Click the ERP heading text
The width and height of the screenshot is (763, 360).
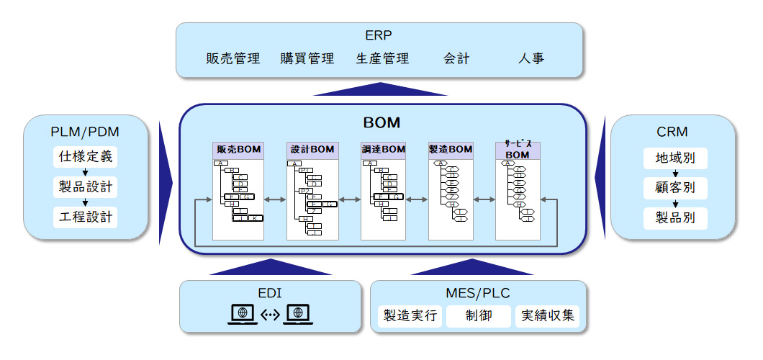pyautogui.click(x=379, y=35)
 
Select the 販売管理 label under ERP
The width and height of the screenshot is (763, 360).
pyautogui.click(x=232, y=58)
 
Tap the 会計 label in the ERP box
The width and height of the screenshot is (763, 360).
pyautogui.click(x=456, y=58)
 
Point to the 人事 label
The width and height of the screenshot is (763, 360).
pyautogui.click(x=531, y=58)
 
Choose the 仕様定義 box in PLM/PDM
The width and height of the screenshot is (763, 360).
pyautogui.click(x=86, y=157)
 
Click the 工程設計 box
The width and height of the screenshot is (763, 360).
pyautogui.click(x=86, y=217)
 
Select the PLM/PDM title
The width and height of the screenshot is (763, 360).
pyautogui.click(x=86, y=132)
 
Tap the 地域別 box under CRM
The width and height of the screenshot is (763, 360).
pyautogui.click(x=675, y=158)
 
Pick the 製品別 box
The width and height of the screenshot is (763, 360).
pyautogui.click(x=675, y=217)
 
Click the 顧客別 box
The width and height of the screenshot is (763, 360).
pyautogui.click(x=675, y=188)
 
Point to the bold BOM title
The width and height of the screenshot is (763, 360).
pyautogui.click(x=381, y=122)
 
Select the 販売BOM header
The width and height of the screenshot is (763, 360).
pyautogui.click(x=238, y=150)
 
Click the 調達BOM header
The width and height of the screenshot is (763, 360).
pyautogui.click(x=384, y=150)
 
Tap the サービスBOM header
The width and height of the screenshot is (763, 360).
pyautogui.click(x=518, y=150)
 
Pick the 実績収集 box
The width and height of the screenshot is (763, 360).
pyautogui.click(x=547, y=316)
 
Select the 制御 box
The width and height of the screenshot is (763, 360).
pyautogui.click(x=479, y=316)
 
